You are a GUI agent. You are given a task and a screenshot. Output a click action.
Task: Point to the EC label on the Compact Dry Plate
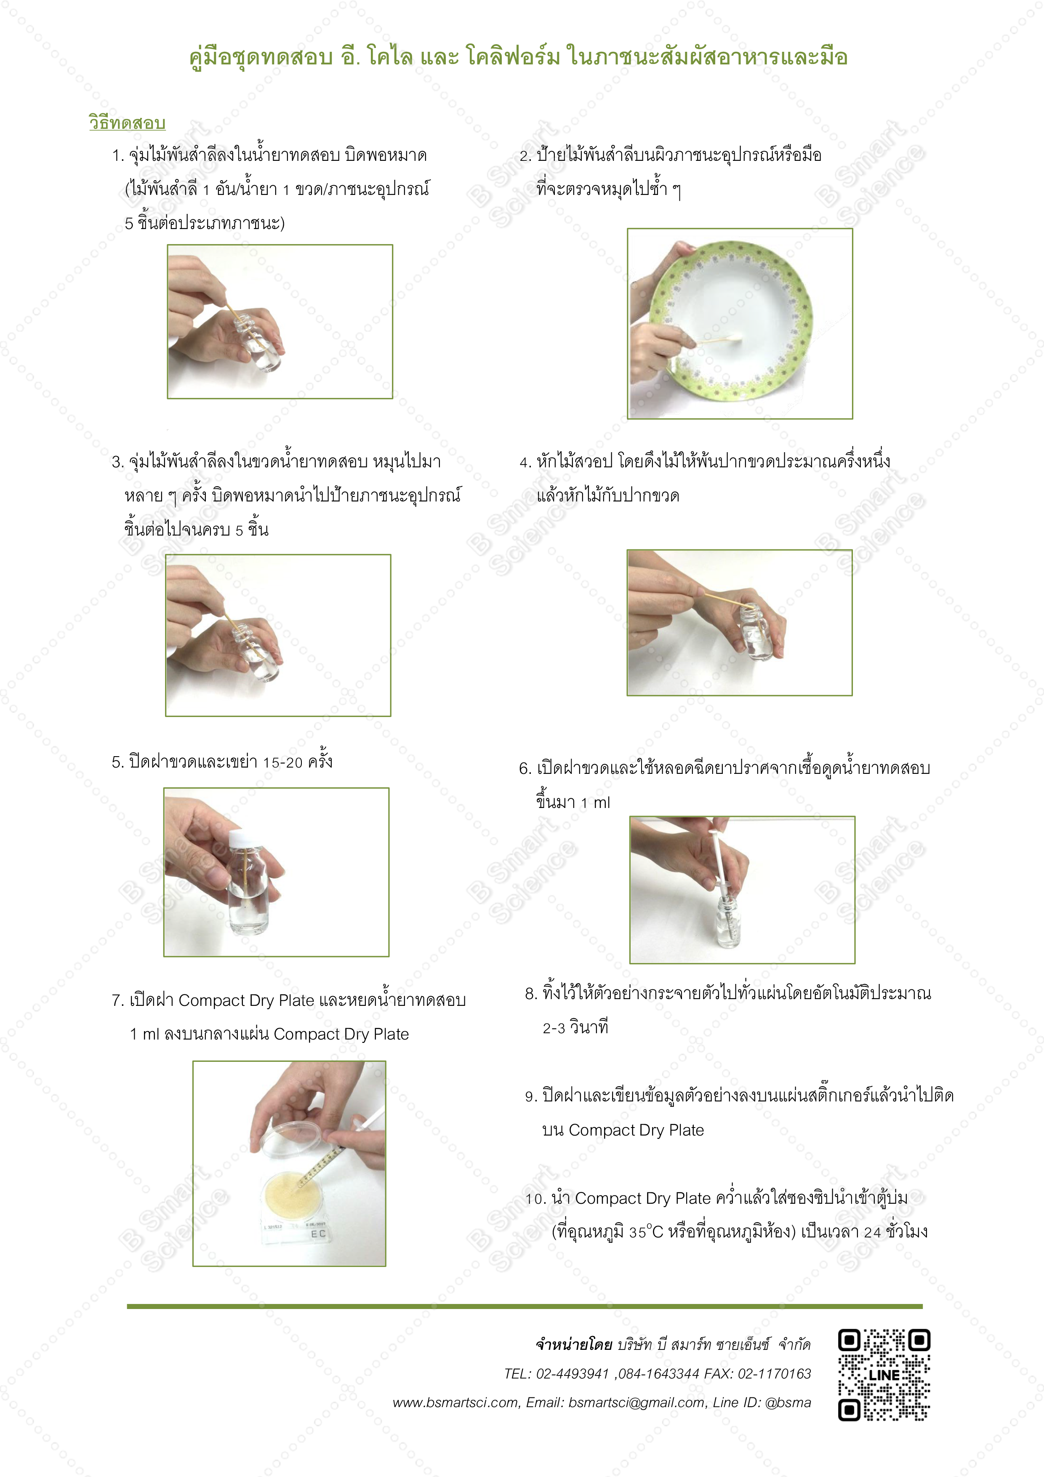pos(318,1234)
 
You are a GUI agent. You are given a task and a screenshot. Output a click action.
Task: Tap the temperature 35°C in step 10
pos(646,1232)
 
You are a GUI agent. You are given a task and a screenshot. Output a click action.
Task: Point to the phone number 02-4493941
pos(572,1373)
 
